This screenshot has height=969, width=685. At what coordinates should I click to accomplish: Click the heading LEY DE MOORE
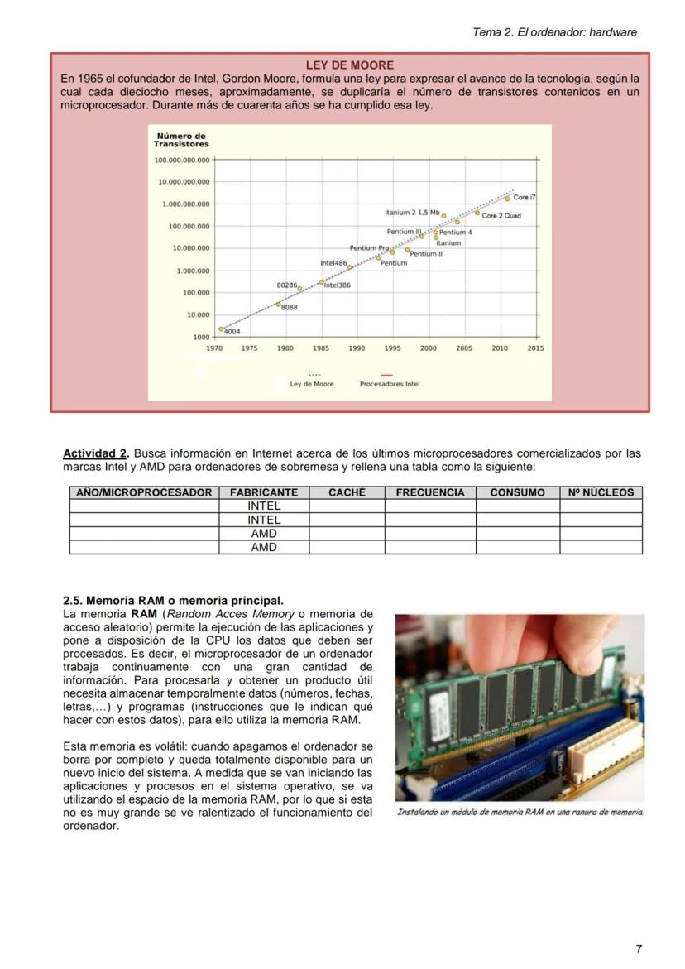349,65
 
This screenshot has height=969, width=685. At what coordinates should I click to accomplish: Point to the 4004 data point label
232,332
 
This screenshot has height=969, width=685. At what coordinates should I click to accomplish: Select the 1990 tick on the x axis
357,349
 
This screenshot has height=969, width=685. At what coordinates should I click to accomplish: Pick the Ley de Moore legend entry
312,384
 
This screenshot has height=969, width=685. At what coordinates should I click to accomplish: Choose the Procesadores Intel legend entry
389,384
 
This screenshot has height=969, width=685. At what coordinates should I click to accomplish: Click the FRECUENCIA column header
430,492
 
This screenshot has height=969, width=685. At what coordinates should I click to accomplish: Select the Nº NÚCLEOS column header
601,492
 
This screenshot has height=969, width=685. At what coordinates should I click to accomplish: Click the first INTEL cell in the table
264,506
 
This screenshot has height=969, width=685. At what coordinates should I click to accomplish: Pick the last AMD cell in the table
264,547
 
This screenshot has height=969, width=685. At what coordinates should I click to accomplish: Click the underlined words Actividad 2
96,453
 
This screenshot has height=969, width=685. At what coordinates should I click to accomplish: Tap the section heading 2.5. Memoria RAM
173,600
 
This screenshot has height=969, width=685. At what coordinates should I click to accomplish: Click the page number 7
638,949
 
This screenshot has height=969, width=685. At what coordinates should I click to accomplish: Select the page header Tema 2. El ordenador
554,32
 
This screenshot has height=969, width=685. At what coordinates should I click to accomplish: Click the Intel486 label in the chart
333,262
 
